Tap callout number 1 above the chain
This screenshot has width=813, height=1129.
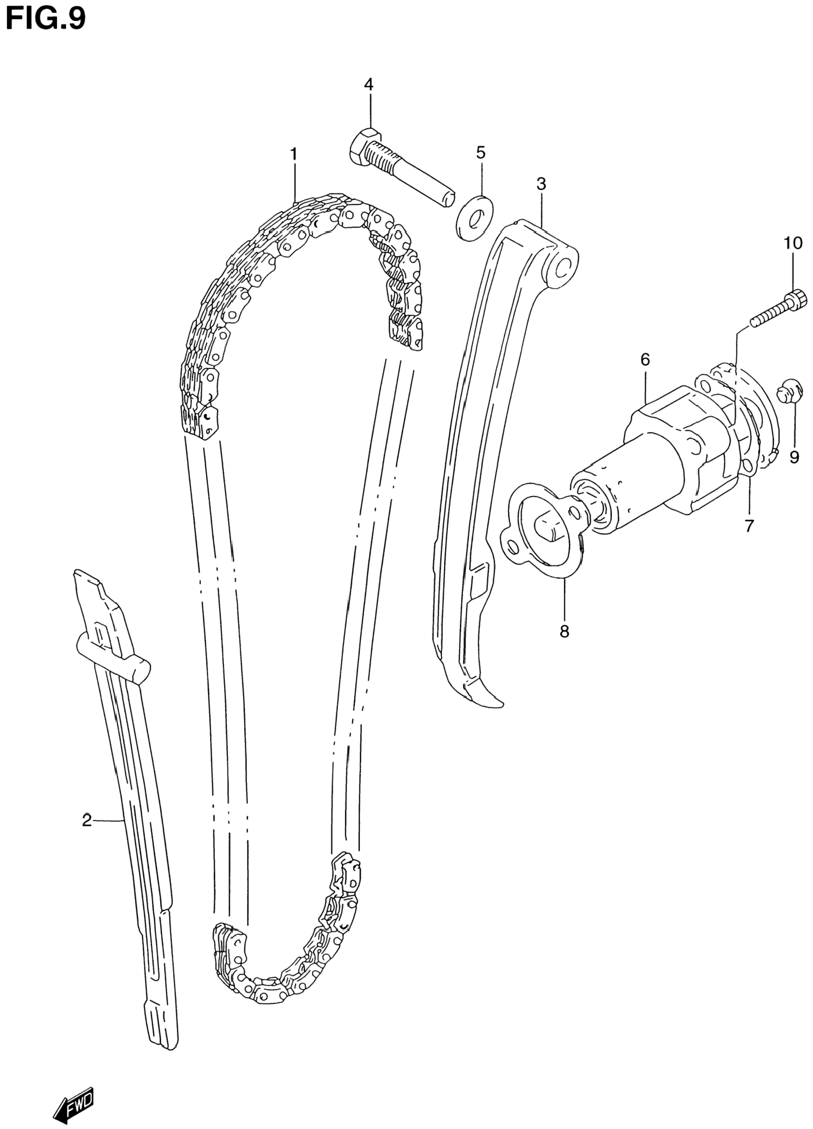coord(294,154)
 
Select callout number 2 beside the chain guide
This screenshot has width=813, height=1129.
coord(87,820)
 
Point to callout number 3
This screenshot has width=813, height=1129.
coord(541,184)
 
